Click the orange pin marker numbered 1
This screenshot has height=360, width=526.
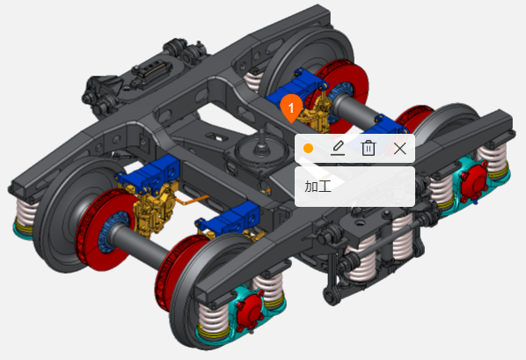(x=291, y=108)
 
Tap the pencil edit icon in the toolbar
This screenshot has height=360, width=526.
(x=338, y=148)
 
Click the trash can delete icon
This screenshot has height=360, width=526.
(x=369, y=148)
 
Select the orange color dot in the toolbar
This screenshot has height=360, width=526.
(x=308, y=149)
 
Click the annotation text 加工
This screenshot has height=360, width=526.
(x=318, y=187)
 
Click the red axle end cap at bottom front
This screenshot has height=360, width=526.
(x=249, y=311)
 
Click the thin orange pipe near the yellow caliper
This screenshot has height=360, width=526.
(x=192, y=201)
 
